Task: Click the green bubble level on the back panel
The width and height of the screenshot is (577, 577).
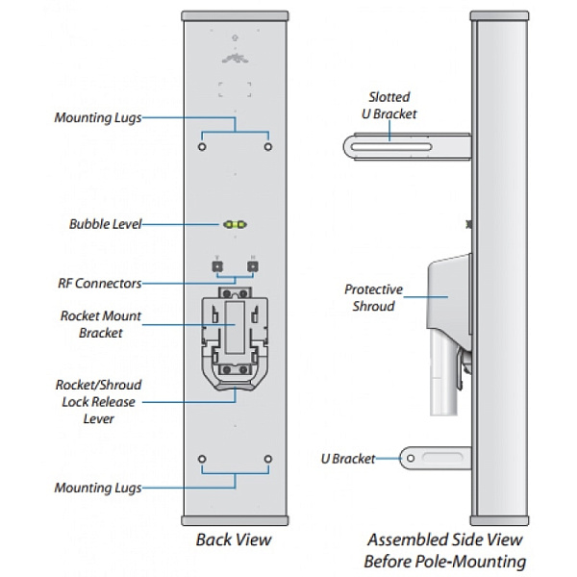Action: (x=235, y=224)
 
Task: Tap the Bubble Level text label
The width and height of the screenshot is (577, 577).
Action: (x=105, y=224)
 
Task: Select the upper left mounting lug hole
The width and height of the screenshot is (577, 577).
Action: (x=202, y=147)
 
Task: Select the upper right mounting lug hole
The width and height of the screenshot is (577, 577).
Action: (x=267, y=147)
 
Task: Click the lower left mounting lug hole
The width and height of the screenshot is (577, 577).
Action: (x=202, y=458)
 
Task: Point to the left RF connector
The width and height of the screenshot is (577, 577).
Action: (x=218, y=265)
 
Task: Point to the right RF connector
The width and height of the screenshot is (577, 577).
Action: (x=252, y=265)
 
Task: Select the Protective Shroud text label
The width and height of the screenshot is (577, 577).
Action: (x=373, y=297)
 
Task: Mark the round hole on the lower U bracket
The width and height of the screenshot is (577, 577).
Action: (x=412, y=459)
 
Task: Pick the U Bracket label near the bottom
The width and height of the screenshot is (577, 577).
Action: (x=348, y=459)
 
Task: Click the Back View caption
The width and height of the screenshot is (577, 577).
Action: (x=234, y=539)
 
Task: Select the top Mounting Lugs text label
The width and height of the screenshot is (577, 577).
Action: (x=97, y=117)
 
